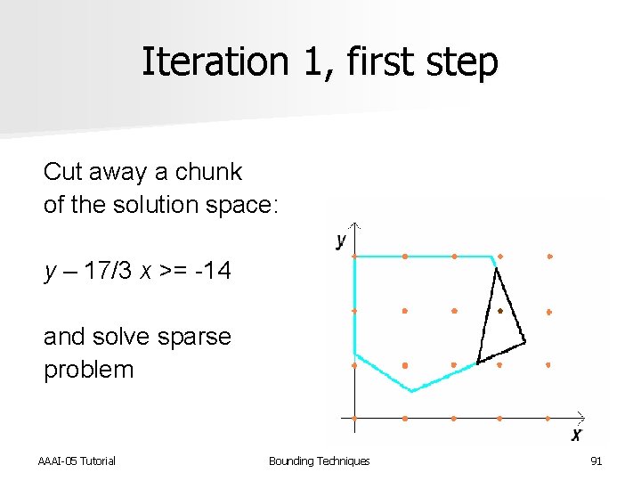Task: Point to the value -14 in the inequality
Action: coord(214,271)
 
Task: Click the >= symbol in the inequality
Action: coord(172,271)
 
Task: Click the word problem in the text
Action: coord(88,370)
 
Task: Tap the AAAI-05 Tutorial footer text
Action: coord(77,461)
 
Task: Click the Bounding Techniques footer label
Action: coord(319,461)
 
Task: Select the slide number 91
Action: coord(596,461)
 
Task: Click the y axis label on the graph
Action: coord(341,240)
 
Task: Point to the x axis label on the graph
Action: coord(576,435)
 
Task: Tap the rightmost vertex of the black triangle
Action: coord(524,340)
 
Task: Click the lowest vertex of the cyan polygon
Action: coord(412,390)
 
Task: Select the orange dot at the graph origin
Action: coord(355,418)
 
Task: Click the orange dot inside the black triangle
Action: coord(500,311)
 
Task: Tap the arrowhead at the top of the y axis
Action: coord(355,224)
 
